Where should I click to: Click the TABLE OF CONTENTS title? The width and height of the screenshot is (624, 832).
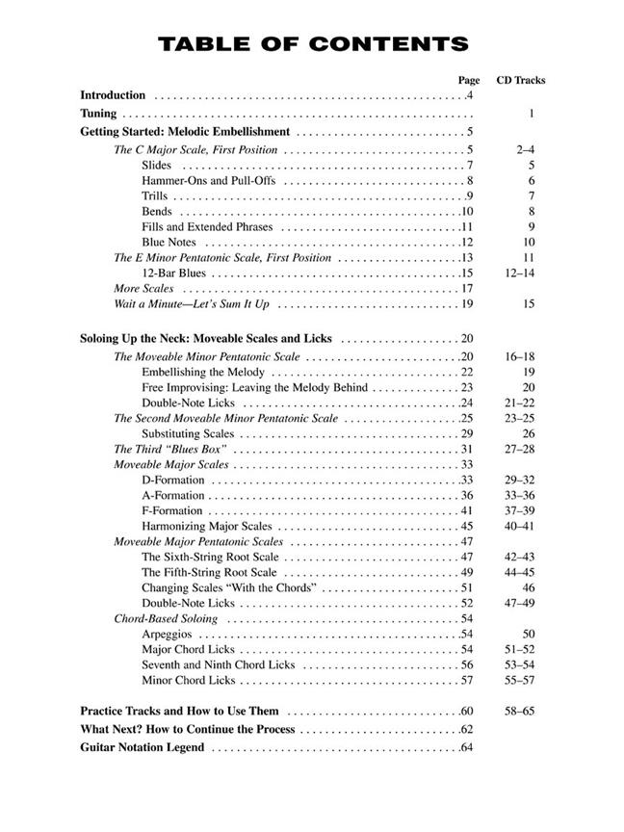tap(312, 44)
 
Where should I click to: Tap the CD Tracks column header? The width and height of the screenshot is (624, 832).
tap(520, 80)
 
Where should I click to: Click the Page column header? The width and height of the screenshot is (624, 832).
tap(469, 80)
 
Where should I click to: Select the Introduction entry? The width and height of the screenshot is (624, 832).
tap(113, 95)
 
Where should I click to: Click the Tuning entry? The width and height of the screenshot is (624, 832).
tap(98, 114)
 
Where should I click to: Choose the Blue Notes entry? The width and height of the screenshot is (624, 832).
tap(169, 242)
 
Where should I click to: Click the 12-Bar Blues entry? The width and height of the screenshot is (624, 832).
tap(173, 273)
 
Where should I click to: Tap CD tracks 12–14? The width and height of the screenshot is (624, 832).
tap(520, 273)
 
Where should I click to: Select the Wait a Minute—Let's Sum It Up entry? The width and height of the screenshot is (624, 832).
tap(192, 304)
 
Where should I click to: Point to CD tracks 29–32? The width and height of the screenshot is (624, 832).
tap(520, 480)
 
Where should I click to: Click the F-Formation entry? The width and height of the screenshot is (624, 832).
tap(172, 510)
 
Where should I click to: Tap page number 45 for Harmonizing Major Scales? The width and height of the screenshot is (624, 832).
tap(466, 526)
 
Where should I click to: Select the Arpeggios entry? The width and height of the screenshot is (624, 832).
tap(167, 634)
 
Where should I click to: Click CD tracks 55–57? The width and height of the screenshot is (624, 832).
tap(520, 680)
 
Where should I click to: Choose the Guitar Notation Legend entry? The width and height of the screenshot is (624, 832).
tap(143, 747)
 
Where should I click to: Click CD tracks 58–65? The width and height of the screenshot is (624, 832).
tap(520, 711)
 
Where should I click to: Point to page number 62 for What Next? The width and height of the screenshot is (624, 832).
tap(467, 729)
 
